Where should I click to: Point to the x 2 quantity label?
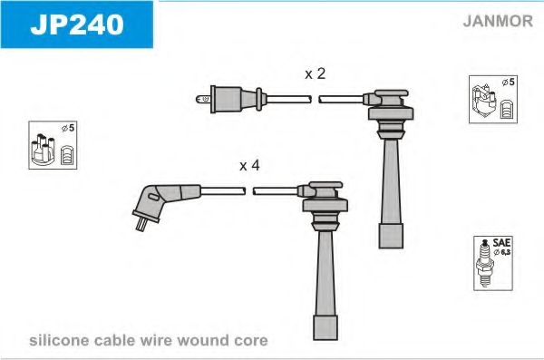click(x=315, y=73)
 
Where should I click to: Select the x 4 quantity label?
click(x=249, y=166)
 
